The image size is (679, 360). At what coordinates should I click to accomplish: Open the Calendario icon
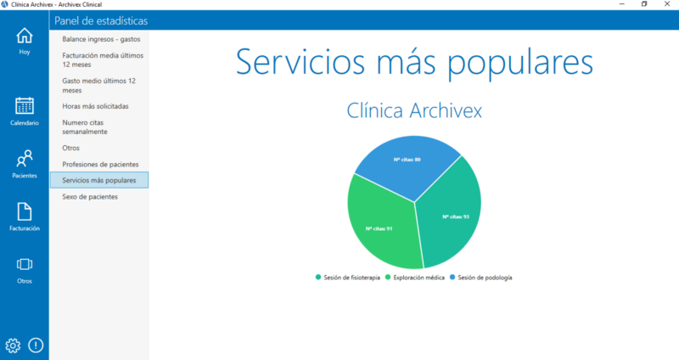(25, 106)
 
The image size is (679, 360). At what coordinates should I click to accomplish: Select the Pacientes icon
(25, 159)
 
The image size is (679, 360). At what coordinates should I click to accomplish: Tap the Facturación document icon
(25, 211)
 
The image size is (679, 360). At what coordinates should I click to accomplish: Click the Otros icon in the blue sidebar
(25, 265)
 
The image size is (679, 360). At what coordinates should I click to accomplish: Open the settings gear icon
(13, 345)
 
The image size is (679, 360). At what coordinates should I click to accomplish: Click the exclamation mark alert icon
(36, 345)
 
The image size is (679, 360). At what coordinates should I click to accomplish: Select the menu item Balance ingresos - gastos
(101, 39)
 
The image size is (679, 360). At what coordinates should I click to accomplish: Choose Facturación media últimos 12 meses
(102, 59)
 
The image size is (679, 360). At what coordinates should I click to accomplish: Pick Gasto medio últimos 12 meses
(99, 85)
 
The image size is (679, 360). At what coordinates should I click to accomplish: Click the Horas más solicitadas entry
(95, 106)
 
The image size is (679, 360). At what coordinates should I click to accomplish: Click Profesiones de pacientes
(100, 164)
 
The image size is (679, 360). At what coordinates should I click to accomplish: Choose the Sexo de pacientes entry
(90, 196)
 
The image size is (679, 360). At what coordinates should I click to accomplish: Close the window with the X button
(667, 4)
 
